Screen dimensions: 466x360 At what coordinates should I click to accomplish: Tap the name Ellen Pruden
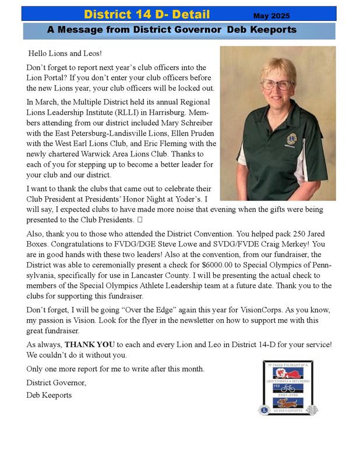[x=191, y=133]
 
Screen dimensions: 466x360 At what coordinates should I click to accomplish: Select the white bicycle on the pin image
[x=287, y=388]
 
